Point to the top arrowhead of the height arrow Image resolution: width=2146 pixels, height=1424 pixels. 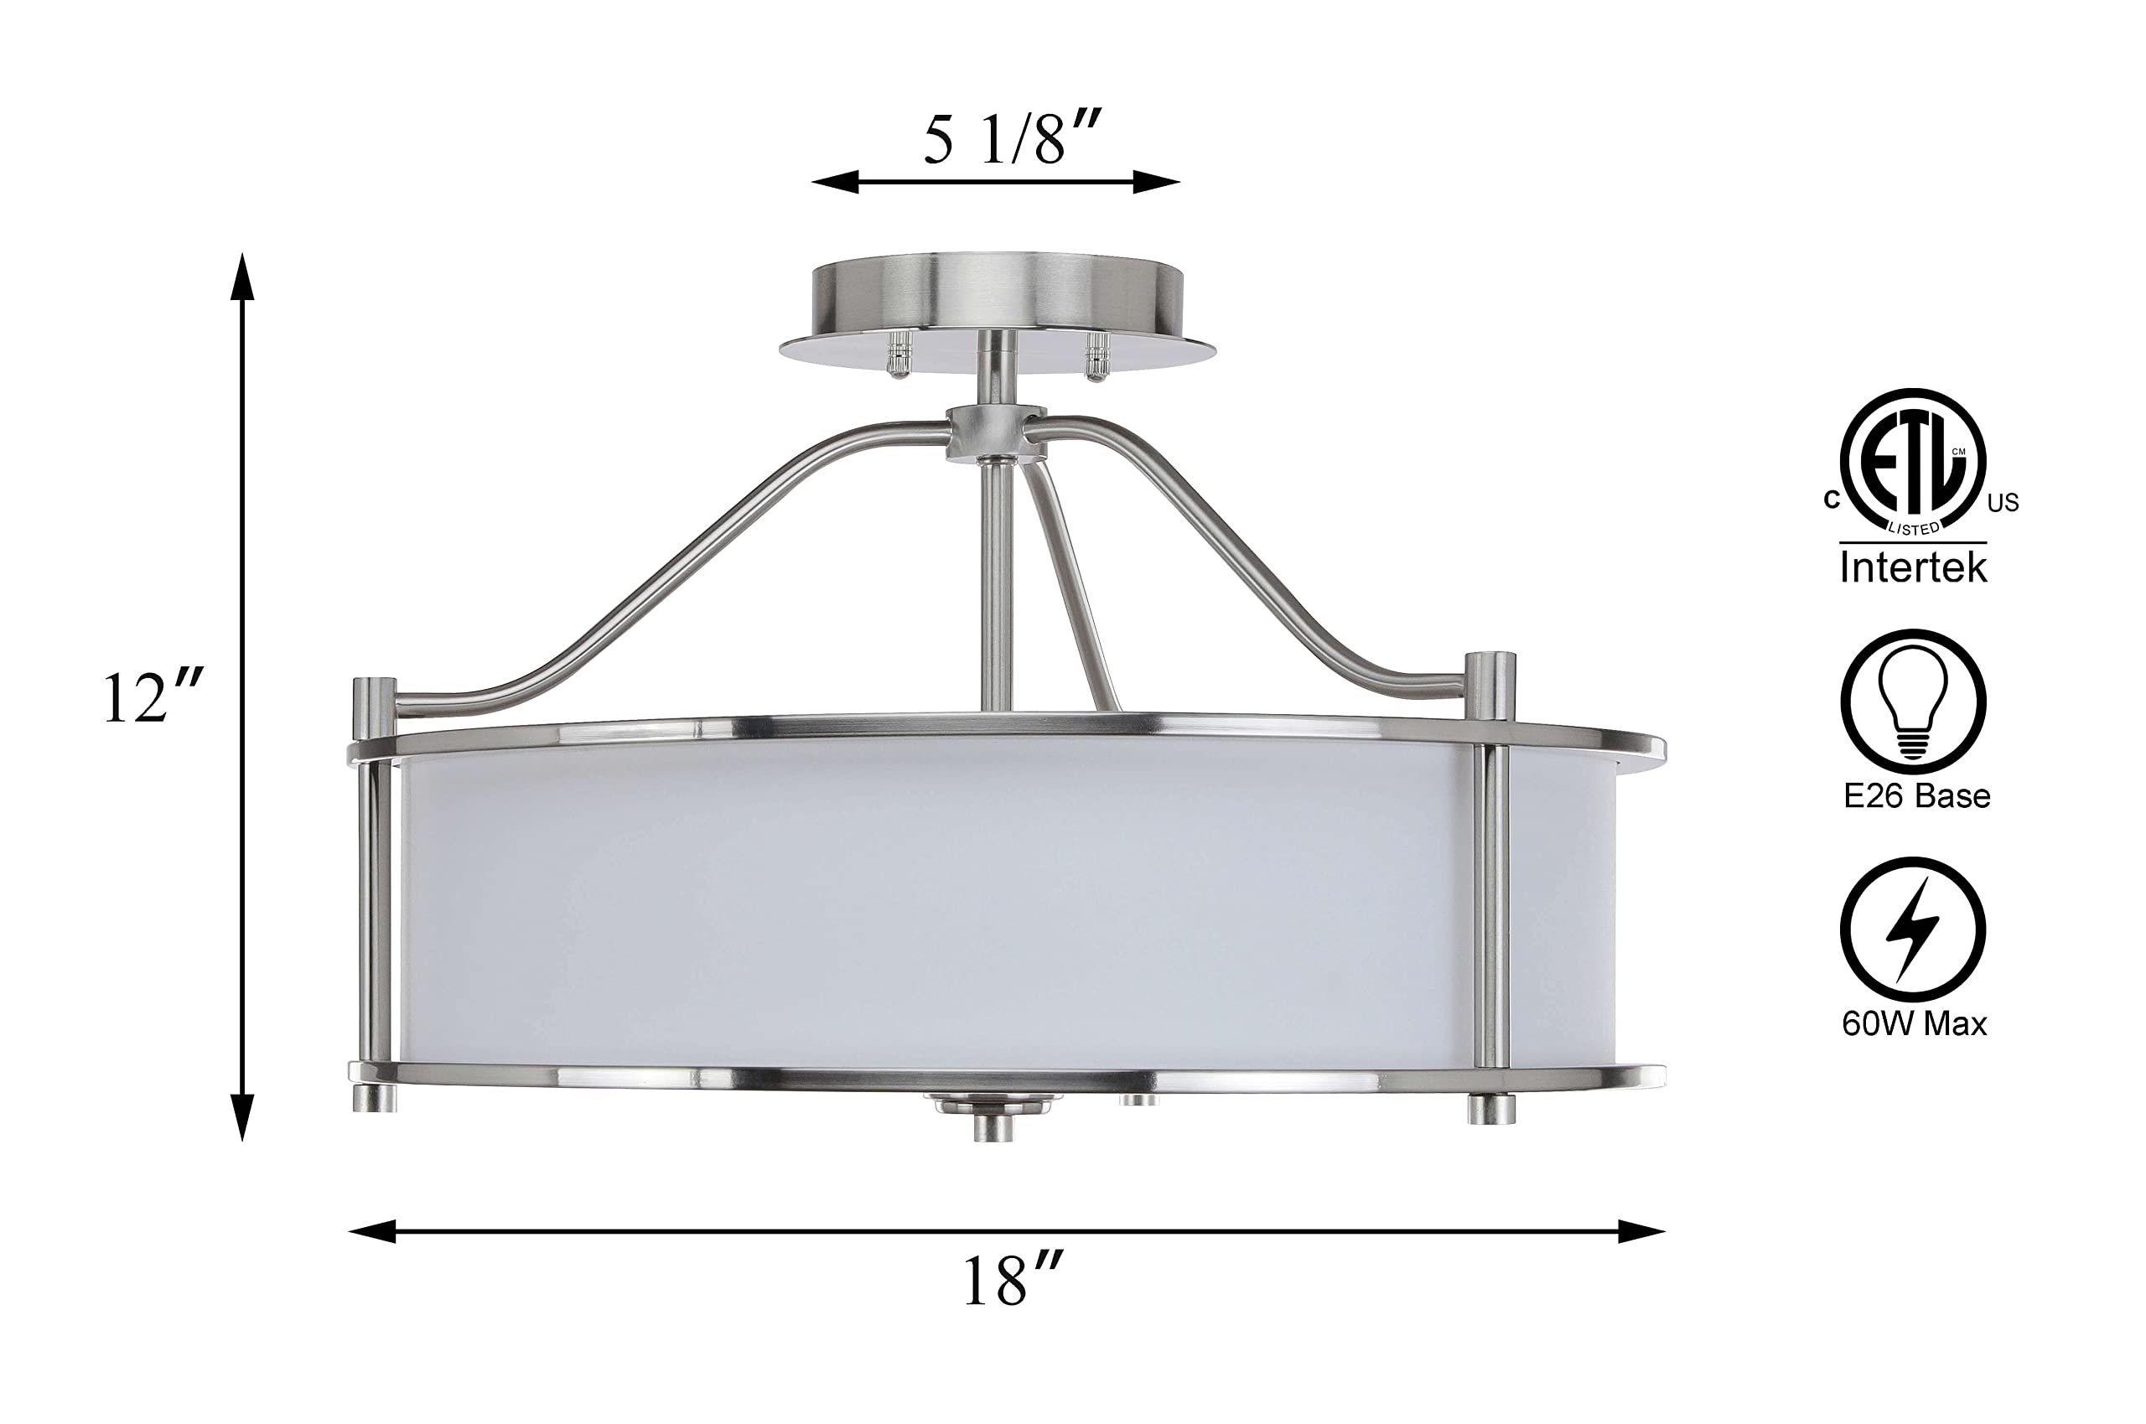[x=241, y=277]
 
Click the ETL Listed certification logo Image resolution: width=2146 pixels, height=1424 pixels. [x=1913, y=463]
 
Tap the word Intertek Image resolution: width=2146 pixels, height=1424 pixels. [x=1913, y=568]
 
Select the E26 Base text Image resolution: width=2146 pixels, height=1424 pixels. [x=1916, y=796]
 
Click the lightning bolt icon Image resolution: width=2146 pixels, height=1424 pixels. [x=1913, y=932]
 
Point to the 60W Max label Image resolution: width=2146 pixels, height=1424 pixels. [x=1914, y=1024]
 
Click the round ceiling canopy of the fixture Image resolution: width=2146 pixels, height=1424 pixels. [x=996, y=300]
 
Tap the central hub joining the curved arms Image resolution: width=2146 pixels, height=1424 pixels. [x=995, y=433]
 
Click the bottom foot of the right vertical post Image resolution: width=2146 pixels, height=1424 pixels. [x=1491, y=1109]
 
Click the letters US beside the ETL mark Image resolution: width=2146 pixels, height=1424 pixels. [x=2003, y=503]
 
